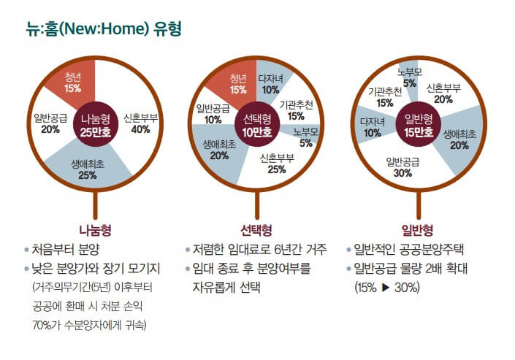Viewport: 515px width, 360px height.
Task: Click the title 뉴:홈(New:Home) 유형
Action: click(102, 29)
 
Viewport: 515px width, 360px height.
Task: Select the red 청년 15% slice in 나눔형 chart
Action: click(72, 83)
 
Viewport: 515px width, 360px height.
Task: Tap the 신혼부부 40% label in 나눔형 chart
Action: click(140, 124)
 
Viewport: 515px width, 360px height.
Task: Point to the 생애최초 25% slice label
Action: click(88, 170)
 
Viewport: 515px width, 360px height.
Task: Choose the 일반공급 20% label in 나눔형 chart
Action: click(50, 124)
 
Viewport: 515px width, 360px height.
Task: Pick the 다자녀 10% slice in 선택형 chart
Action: click(270, 84)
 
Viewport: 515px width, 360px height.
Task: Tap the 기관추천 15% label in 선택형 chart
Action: click(296, 110)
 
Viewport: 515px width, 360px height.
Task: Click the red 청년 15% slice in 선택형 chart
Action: click(238, 84)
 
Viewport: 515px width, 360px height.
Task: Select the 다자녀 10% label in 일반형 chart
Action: click(373, 127)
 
